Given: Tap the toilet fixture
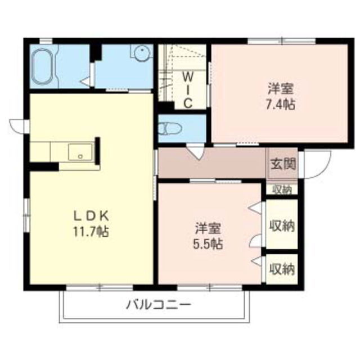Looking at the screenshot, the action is (170, 129).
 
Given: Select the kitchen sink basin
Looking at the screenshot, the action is (80, 152).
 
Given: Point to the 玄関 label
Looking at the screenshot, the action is (283, 164).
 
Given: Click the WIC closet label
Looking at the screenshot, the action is (188, 90).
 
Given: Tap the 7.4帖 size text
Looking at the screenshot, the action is (280, 105).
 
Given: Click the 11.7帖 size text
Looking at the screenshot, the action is (91, 231).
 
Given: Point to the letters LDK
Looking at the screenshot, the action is (91, 216).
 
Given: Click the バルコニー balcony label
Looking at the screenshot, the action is (159, 305).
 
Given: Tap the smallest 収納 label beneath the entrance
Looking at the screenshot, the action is (282, 190).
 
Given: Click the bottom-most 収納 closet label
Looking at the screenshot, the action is (282, 269).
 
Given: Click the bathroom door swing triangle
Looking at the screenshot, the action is (86, 82).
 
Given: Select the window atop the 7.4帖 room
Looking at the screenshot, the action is (282, 41).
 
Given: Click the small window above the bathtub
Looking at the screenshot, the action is (46, 41).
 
